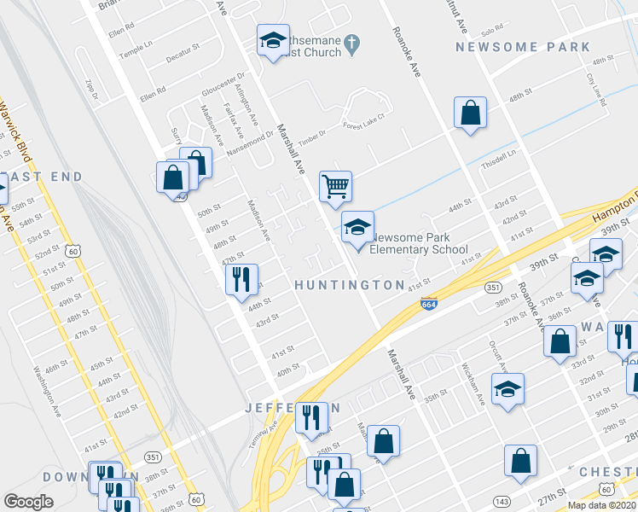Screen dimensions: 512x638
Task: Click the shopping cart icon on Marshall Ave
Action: pyautogui.click(x=336, y=185)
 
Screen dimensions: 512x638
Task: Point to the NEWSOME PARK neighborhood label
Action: pyautogui.click(x=522, y=47)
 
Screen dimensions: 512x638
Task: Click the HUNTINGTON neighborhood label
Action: pyautogui.click(x=350, y=284)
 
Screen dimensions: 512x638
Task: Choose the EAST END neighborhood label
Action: pyautogui.click(x=41, y=177)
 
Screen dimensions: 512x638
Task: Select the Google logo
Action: pyautogui.click(x=28, y=502)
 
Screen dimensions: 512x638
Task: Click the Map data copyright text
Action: pyautogui.click(x=602, y=505)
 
